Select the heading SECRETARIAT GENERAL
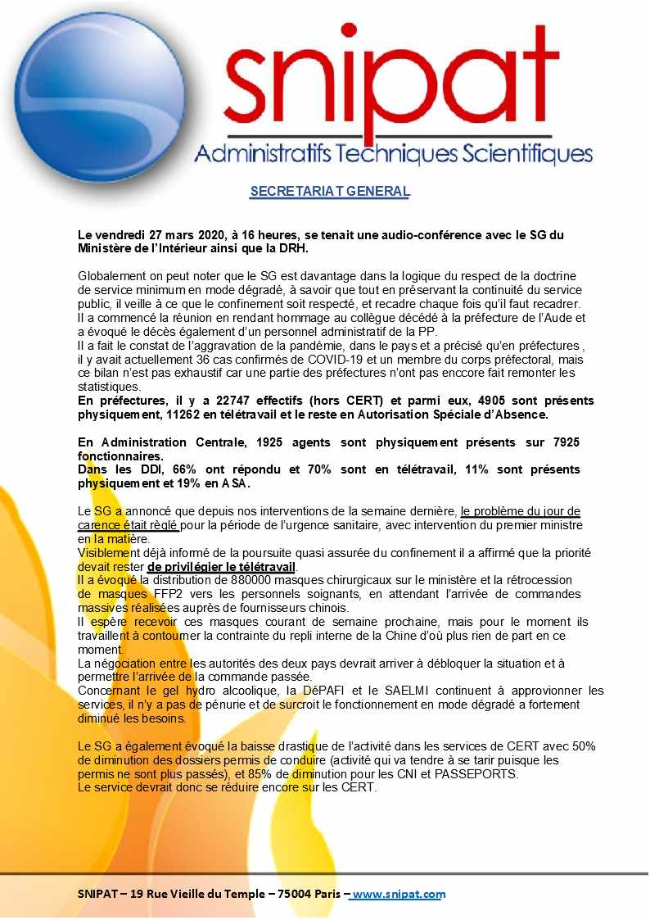pos(329,192)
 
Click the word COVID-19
pos(328,360)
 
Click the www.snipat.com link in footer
pos(398,894)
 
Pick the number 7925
pos(563,442)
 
